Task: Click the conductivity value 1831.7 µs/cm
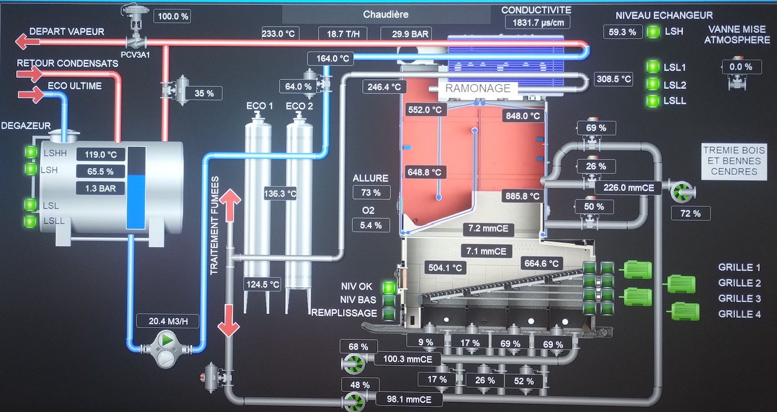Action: coord(538,22)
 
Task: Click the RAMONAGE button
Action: coord(478,88)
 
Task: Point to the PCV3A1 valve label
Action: coord(135,54)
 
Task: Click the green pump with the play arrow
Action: coord(166,341)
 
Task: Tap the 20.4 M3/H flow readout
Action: coord(168,321)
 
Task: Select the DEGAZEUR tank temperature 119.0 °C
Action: coord(102,154)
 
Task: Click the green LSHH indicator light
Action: coord(31,152)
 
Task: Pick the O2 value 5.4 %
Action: coord(371,225)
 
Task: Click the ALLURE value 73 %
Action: coord(371,193)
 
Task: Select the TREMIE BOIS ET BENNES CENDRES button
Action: coord(733,161)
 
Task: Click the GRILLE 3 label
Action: coord(739,299)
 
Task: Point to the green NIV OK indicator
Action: coord(388,287)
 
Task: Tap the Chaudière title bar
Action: coord(386,14)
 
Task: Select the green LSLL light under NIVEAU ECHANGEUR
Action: coord(653,101)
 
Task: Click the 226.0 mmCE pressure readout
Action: coord(628,188)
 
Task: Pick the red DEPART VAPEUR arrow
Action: coord(23,41)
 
